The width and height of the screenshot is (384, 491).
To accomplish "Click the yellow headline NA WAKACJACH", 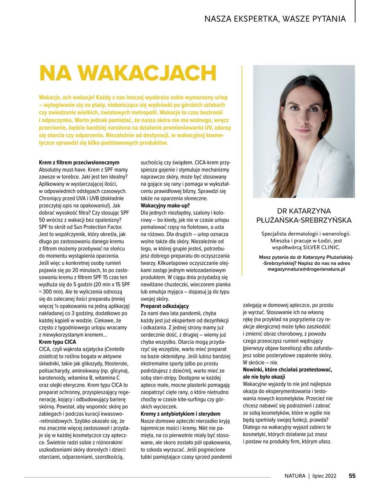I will point(127,73).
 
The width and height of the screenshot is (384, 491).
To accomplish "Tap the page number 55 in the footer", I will point(352,475).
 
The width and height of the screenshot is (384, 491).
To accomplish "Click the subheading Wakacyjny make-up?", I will point(162,205).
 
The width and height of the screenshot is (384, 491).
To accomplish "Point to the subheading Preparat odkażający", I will point(165,306).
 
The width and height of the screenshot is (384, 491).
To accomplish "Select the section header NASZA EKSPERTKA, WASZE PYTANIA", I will point(275,19).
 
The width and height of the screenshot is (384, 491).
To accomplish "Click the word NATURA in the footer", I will point(295,475).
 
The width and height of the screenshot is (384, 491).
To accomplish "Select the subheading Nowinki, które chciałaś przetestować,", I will point(287,369).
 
